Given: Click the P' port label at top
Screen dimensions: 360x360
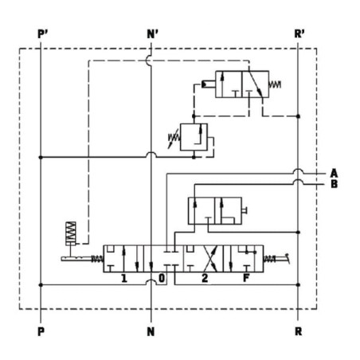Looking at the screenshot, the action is (42, 34).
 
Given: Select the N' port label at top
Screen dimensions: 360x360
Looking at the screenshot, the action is (153, 34).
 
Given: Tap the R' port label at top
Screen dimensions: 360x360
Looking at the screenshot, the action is (299, 34).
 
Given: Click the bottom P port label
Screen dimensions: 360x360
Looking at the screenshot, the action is (41, 331).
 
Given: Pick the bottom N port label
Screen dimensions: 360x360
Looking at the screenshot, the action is (151, 331).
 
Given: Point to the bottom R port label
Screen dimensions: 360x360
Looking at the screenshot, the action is (298, 331).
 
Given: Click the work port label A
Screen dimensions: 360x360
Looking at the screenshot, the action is (334, 173).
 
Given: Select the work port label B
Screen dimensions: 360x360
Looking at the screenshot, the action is (335, 184).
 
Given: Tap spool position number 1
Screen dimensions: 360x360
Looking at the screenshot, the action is (123, 278).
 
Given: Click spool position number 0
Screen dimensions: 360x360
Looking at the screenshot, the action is (162, 278).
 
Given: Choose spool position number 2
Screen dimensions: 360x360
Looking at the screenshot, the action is (205, 278).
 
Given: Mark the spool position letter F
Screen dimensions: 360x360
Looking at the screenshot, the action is (246, 278).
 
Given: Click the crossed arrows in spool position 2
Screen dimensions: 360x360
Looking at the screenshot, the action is (210, 258).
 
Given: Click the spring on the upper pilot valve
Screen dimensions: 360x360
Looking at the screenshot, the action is (275, 84).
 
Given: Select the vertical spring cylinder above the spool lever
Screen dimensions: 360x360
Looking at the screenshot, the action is (71, 233).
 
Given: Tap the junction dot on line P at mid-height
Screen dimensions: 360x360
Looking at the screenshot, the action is (41, 158).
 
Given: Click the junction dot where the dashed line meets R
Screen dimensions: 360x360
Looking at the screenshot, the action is (298, 116).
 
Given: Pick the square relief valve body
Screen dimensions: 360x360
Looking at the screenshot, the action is (194, 137).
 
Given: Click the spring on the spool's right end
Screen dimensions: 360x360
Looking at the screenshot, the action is (269, 259).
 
